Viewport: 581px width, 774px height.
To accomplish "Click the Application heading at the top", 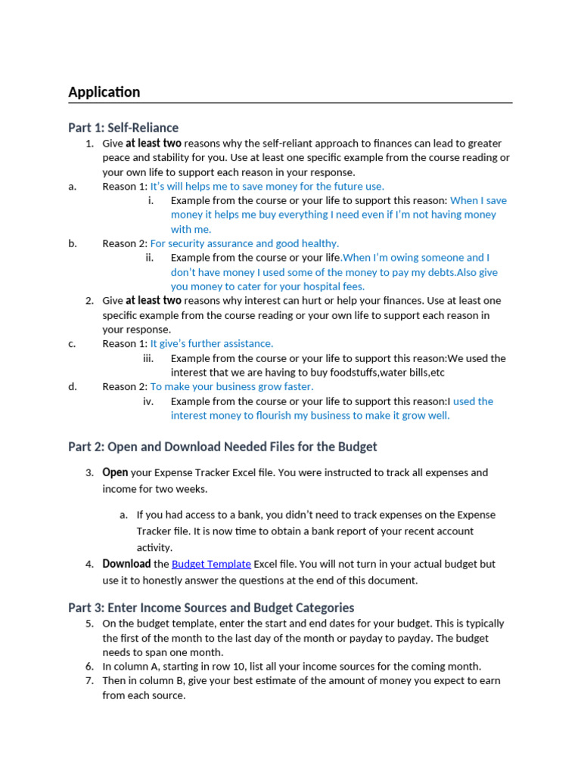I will coord(104,92).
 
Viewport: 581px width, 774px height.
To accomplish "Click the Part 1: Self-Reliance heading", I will coord(123,127).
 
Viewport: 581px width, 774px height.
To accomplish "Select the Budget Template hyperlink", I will coord(211,564).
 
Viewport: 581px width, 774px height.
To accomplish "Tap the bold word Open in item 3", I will coord(115,472).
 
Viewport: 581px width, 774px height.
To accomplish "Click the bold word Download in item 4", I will coord(126,564).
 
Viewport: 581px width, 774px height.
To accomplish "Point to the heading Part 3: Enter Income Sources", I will coord(211,608).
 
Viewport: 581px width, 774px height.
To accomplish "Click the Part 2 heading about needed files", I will coord(222,447).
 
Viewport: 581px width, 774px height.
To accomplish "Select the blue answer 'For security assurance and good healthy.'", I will coord(244,243).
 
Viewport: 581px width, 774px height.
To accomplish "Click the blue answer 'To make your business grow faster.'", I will coord(231,386).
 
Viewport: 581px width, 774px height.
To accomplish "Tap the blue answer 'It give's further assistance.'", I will coord(212,343).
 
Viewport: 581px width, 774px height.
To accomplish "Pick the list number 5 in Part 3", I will coord(89,624).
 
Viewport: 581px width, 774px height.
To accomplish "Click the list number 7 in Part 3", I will coord(89,680).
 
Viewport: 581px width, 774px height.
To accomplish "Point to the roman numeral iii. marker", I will coord(148,358).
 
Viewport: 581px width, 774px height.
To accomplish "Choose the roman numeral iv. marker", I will coord(148,401).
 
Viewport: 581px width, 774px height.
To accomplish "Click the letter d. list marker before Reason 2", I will coord(73,386).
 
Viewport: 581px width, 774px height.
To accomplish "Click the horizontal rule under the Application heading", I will coord(290,103).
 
